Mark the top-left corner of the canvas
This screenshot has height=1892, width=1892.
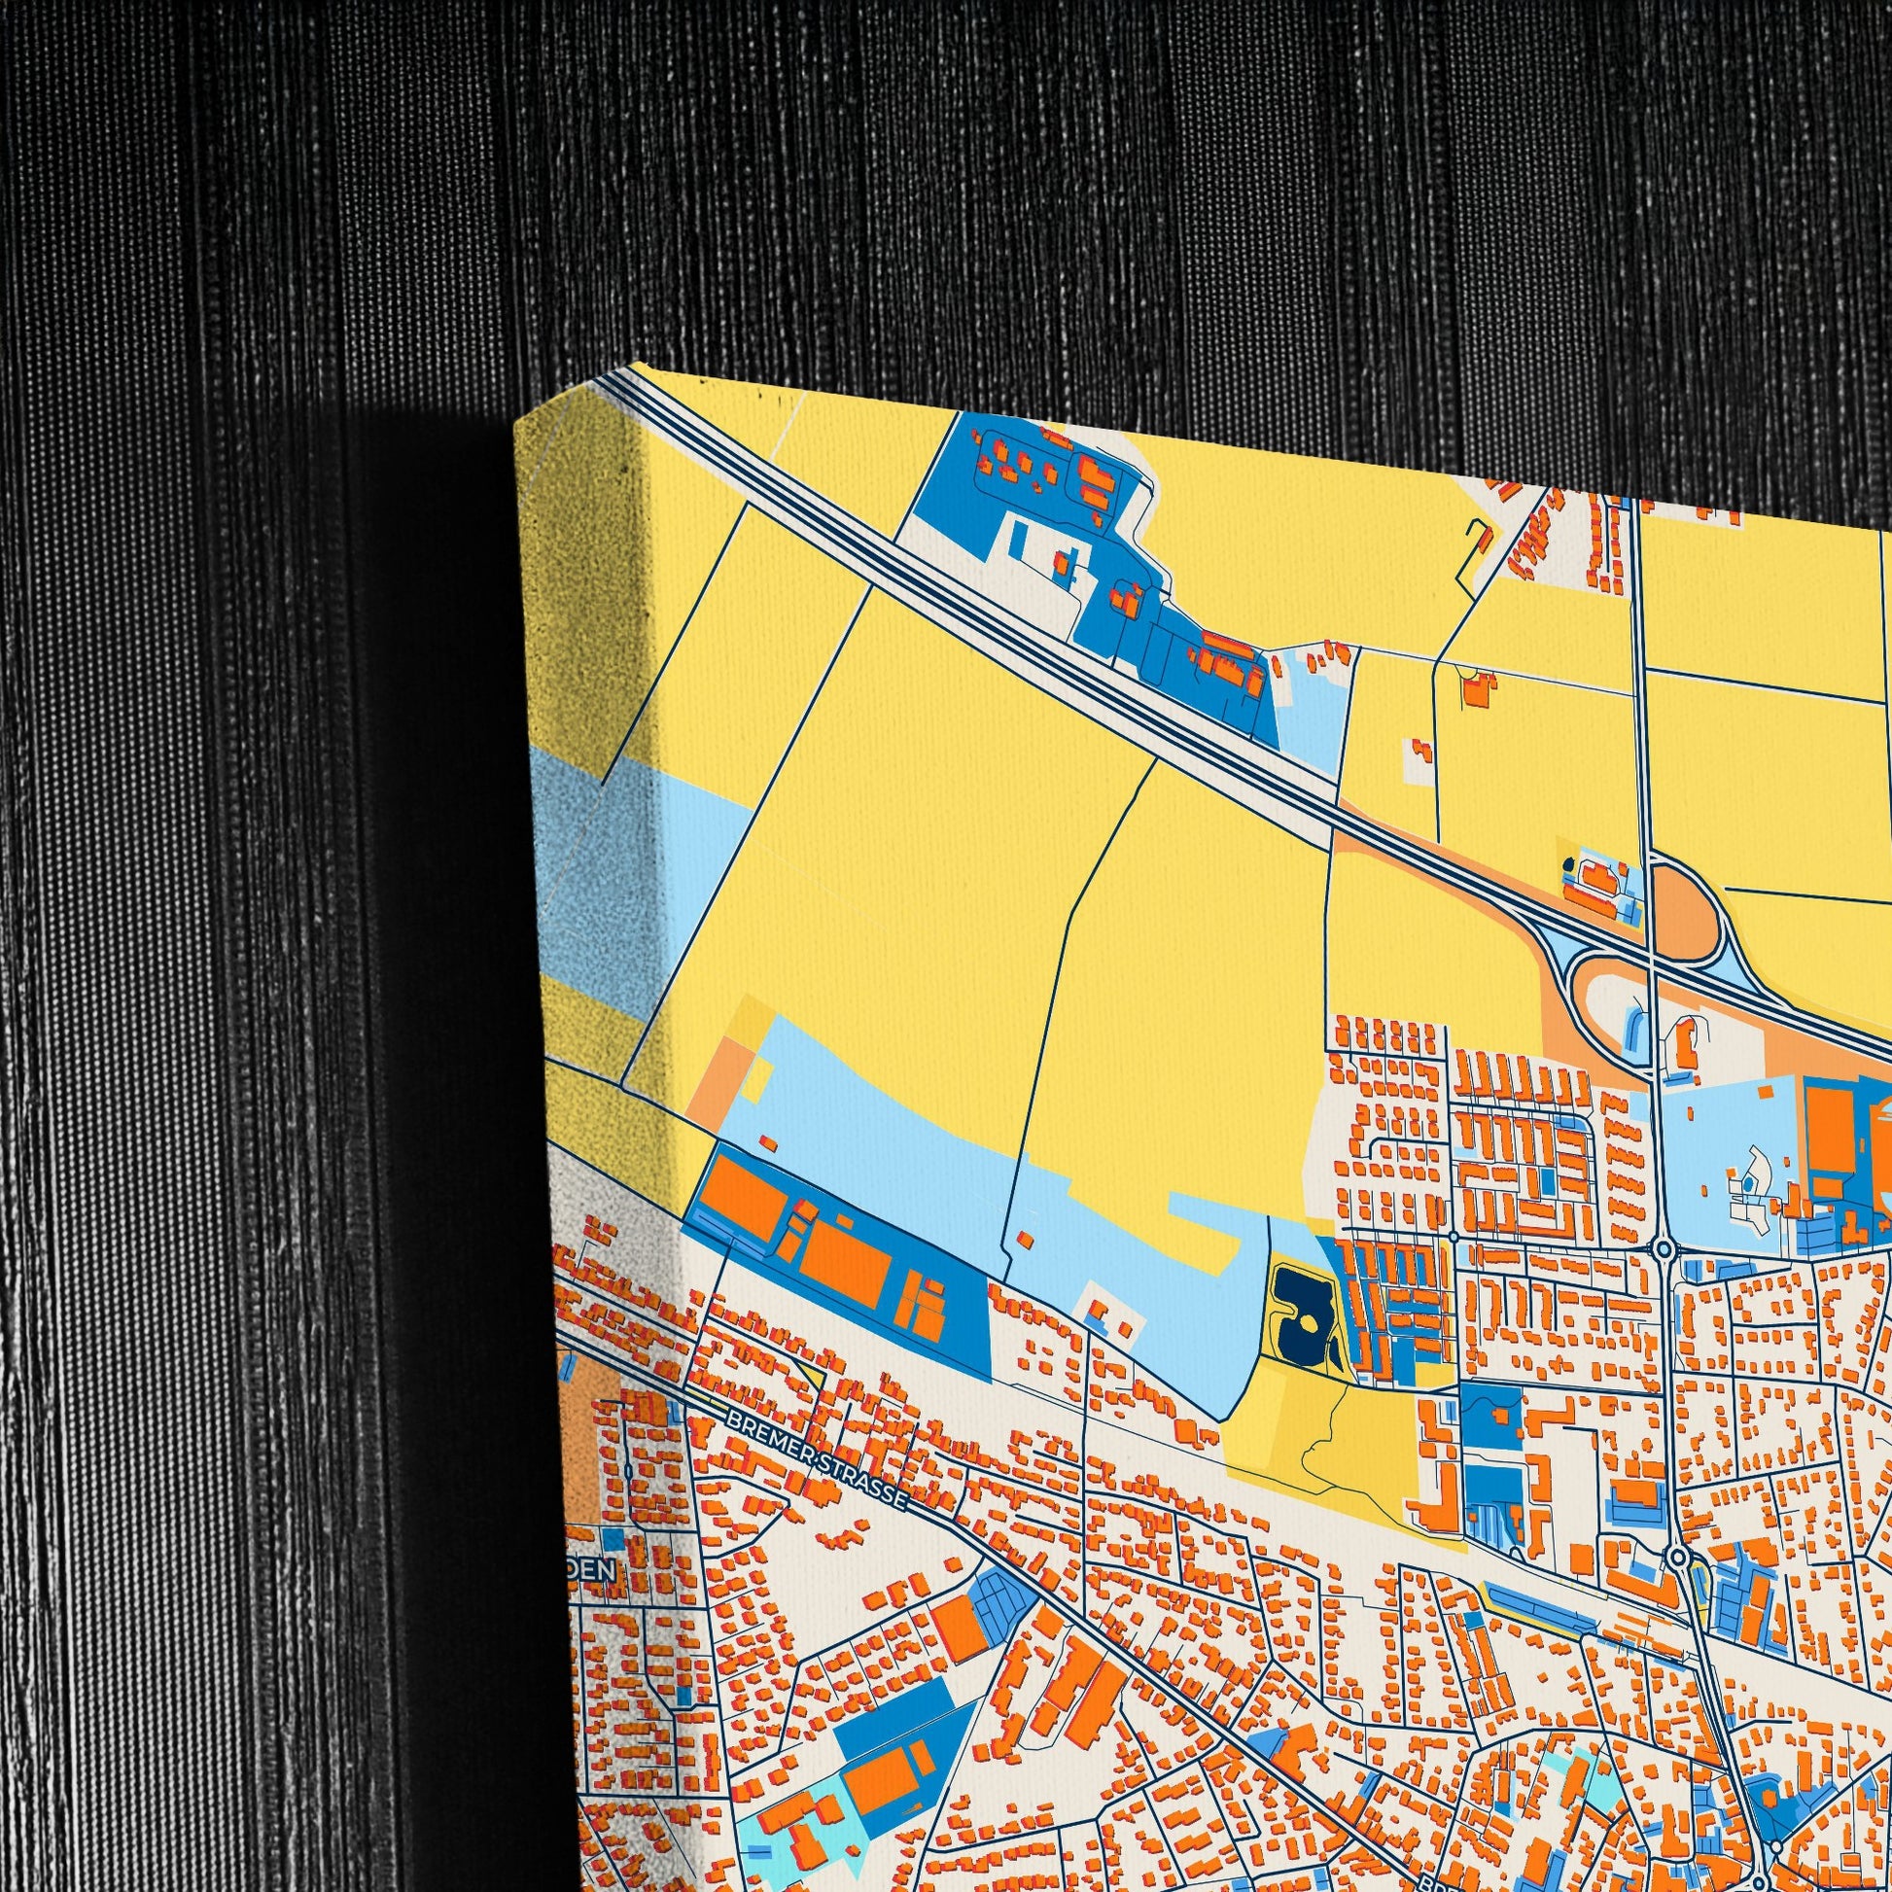click(x=516, y=423)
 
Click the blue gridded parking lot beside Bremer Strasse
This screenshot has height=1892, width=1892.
click(x=999, y=1602)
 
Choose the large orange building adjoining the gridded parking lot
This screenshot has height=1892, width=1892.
click(x=956, y=1627)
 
